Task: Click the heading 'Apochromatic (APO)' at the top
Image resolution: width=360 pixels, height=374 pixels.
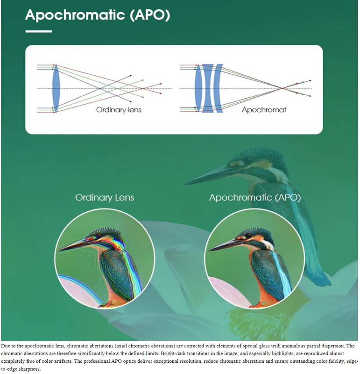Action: [x=97, y=15]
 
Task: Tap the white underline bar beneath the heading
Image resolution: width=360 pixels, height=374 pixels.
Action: [x=38, y=31]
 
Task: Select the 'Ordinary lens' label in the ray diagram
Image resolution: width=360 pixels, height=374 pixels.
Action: [x=119, y=110]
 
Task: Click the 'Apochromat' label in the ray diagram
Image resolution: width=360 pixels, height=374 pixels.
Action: [x=264, y=110]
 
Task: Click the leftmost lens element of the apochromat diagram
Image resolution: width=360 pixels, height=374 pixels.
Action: [x=198, y=88]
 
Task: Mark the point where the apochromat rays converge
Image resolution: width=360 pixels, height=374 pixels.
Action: [x=282, y=88]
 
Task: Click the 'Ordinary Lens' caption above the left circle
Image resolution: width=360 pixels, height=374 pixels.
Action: [x=105, y=197]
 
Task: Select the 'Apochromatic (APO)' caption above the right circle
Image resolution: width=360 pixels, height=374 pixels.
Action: [x=255, y=197]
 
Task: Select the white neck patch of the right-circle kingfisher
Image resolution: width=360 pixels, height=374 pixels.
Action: [x=267, y=245]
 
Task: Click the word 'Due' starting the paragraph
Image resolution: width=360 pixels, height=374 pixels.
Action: [x=7, y=345]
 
